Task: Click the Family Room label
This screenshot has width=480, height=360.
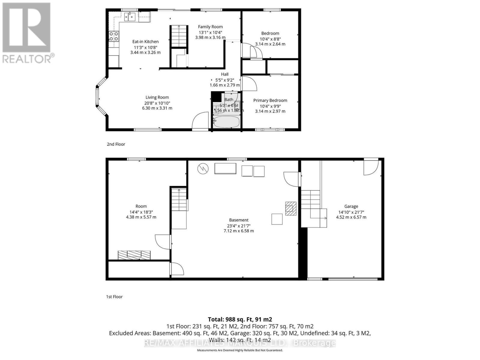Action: point(210,27)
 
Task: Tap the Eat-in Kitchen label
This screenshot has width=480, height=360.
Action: point(145,42)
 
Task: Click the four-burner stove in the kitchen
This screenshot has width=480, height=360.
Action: point(114,36)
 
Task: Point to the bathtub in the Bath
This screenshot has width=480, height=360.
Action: point(226,122)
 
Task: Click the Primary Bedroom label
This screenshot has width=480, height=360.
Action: point(270,100)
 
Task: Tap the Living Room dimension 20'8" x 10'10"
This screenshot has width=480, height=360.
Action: point(157,103)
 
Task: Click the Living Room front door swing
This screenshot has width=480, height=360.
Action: point(200,121)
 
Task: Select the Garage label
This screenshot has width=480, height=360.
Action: point(351,206)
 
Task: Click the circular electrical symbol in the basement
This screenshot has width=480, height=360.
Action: point(203,169)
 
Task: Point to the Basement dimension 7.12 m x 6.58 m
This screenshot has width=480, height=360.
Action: point(238,231)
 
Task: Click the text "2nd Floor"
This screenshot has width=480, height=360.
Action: point(116,144)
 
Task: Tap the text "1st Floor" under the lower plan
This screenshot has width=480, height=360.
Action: point(114,297)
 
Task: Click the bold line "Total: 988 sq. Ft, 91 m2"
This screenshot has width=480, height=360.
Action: point(240,319)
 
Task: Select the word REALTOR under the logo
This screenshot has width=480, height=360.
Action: point(27,58)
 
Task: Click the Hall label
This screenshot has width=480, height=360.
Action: point(225,74)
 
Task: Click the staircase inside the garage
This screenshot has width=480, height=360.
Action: point(310,199)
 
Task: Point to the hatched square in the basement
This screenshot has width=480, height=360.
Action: point(291,208)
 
